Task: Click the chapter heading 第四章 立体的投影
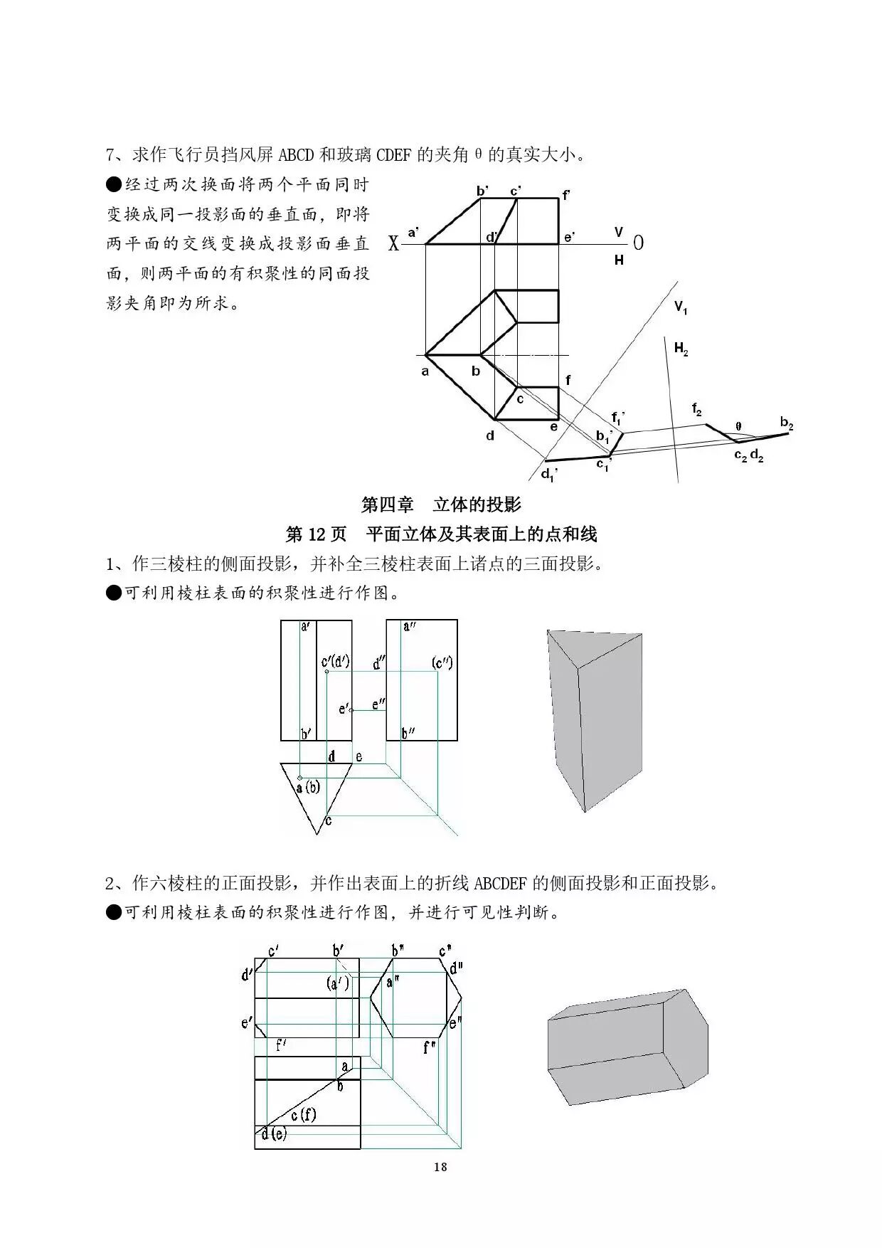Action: click(x=441, y=504)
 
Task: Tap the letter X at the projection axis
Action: click(x=393, y=244)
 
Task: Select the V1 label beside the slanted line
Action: click(x=681, y=308)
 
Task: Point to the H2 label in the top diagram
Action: click(x=681, y=349)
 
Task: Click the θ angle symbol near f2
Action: click(x=738, y=426)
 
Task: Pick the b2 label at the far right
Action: click(x=786, y=425)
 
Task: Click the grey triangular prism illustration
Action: click(x=595, y=719)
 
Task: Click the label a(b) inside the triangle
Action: click(x=308, y=788)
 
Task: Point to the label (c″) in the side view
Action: click(x=442, y=663)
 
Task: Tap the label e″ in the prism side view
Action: click(x=379, y=704)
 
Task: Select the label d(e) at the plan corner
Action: click(x=273, y=1134)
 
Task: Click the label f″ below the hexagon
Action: click(x=429, y=1047)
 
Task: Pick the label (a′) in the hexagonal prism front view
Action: click(x=338, y=983)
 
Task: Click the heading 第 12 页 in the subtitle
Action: click(x=315, y=534)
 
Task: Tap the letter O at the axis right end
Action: click(x=638, y=243)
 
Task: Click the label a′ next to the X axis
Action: click(x=413, y=232)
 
